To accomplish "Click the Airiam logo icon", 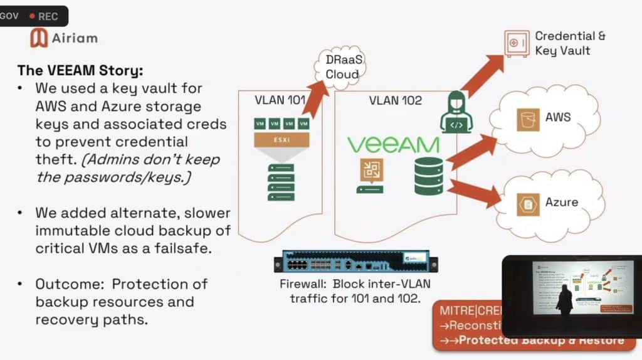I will (39, 38).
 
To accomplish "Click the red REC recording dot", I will (32, 16).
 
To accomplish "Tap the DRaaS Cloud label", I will (342, 66).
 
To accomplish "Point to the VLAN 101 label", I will (280, 100).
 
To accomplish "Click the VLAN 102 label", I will (395, 100).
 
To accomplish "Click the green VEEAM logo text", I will (393, 145).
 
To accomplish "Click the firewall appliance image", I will (355, 260).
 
